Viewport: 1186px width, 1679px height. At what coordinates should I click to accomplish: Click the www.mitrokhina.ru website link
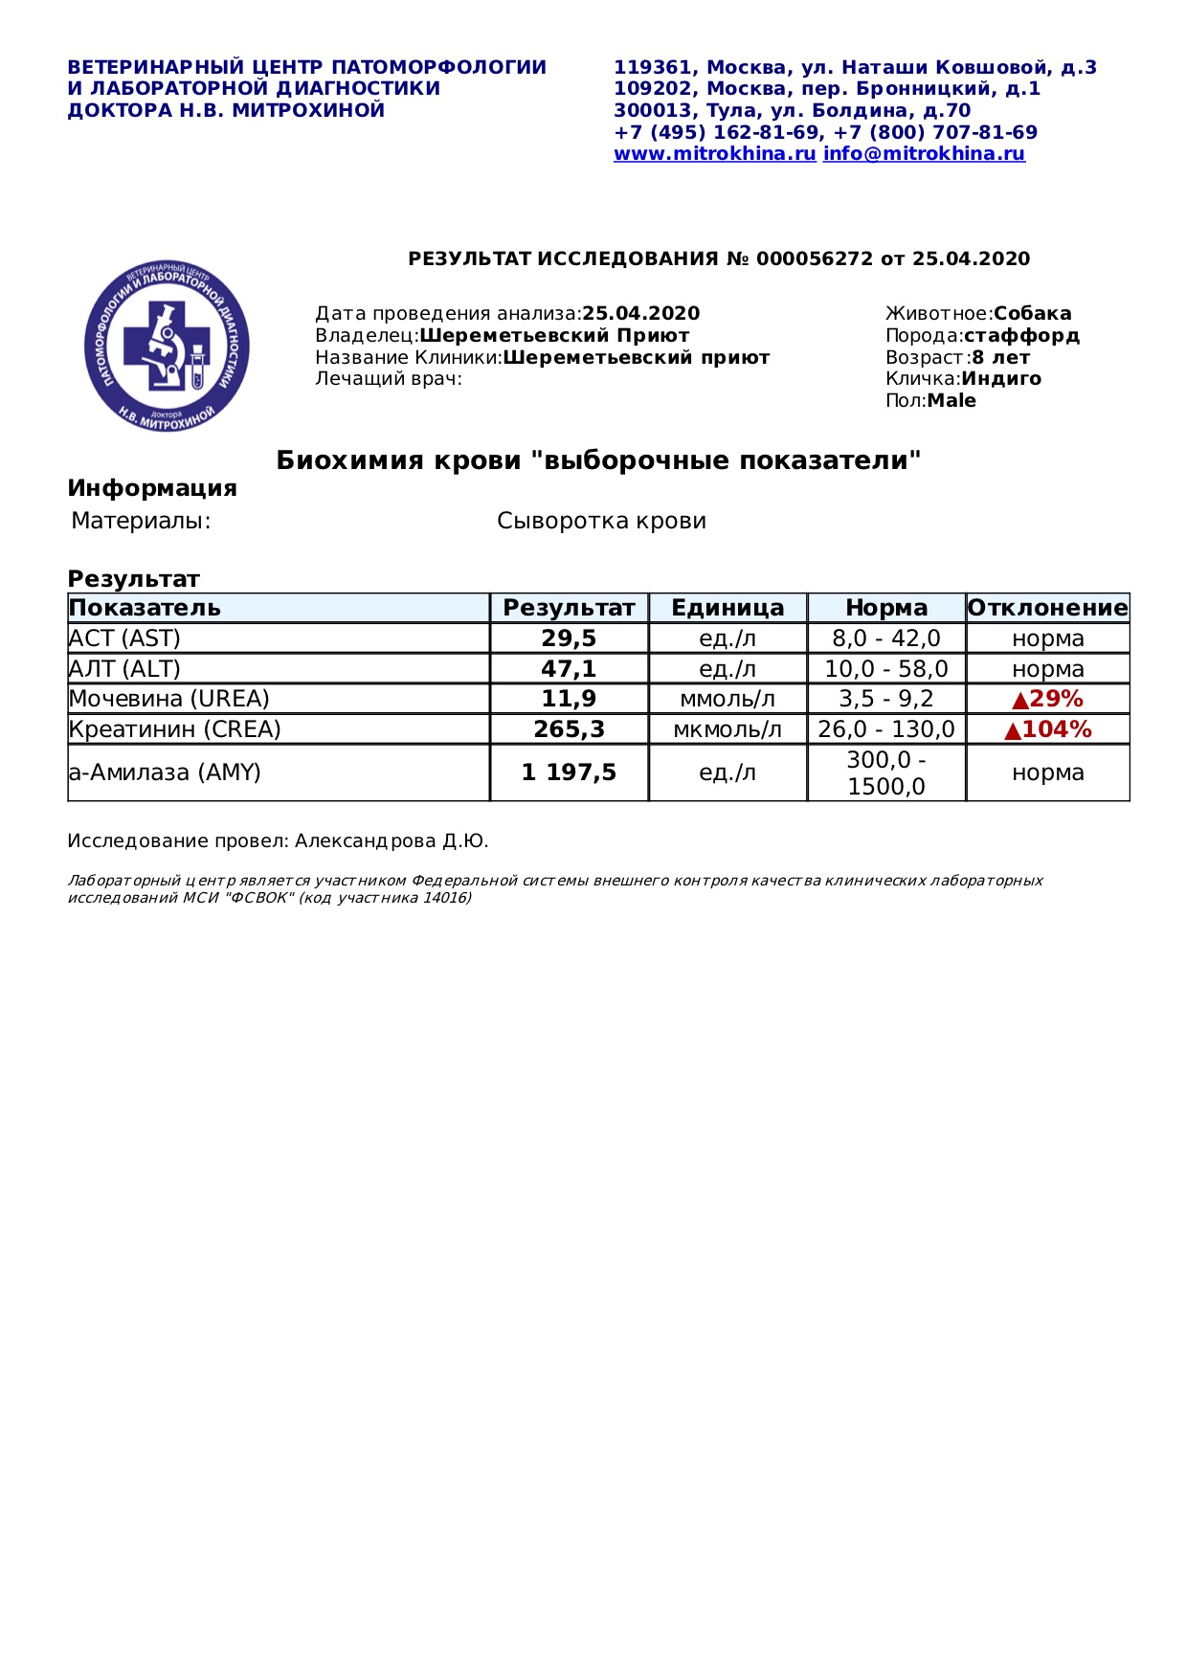pos(714,154)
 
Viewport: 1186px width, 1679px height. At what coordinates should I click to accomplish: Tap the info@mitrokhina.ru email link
pos(924,154)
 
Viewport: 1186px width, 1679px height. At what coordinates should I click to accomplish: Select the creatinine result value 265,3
pos(569,729)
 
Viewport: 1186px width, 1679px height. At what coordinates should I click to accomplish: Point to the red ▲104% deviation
pos(1047,729)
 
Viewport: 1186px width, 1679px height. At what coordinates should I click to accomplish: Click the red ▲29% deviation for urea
pos(1047,699)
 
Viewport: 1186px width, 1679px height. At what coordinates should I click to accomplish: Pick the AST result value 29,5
pos(569,638)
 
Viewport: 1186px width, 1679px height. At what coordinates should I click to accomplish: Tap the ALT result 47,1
pos(569,669)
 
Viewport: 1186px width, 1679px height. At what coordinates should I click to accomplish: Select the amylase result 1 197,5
pos(569,772)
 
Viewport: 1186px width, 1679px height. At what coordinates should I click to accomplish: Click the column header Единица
pos(727,608)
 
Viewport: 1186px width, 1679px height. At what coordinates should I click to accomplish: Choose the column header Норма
pos(886,608)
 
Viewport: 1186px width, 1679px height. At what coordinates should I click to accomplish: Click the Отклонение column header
pos(1047,608)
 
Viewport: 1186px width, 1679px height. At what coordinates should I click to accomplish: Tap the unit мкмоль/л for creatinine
pos(727,729)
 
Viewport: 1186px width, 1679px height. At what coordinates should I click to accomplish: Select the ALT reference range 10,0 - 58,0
pos(886,669)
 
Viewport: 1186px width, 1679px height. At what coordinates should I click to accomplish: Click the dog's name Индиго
pos(1001,379)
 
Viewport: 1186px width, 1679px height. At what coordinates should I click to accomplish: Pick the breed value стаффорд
pos(1021,336)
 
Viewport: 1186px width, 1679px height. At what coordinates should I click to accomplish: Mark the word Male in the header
pos(951,401)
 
